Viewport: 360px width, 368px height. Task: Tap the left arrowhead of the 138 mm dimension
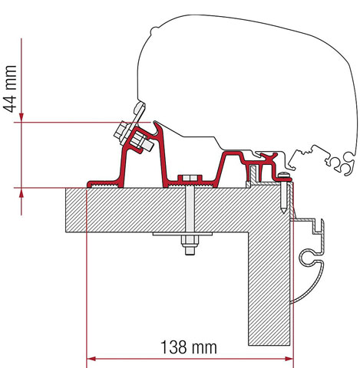click(93, 358)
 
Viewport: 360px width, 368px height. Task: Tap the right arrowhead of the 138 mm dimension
click(289, 358)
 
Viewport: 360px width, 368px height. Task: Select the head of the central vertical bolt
click(187, 179)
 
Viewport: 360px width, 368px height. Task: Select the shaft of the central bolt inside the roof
click(187, 211)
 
